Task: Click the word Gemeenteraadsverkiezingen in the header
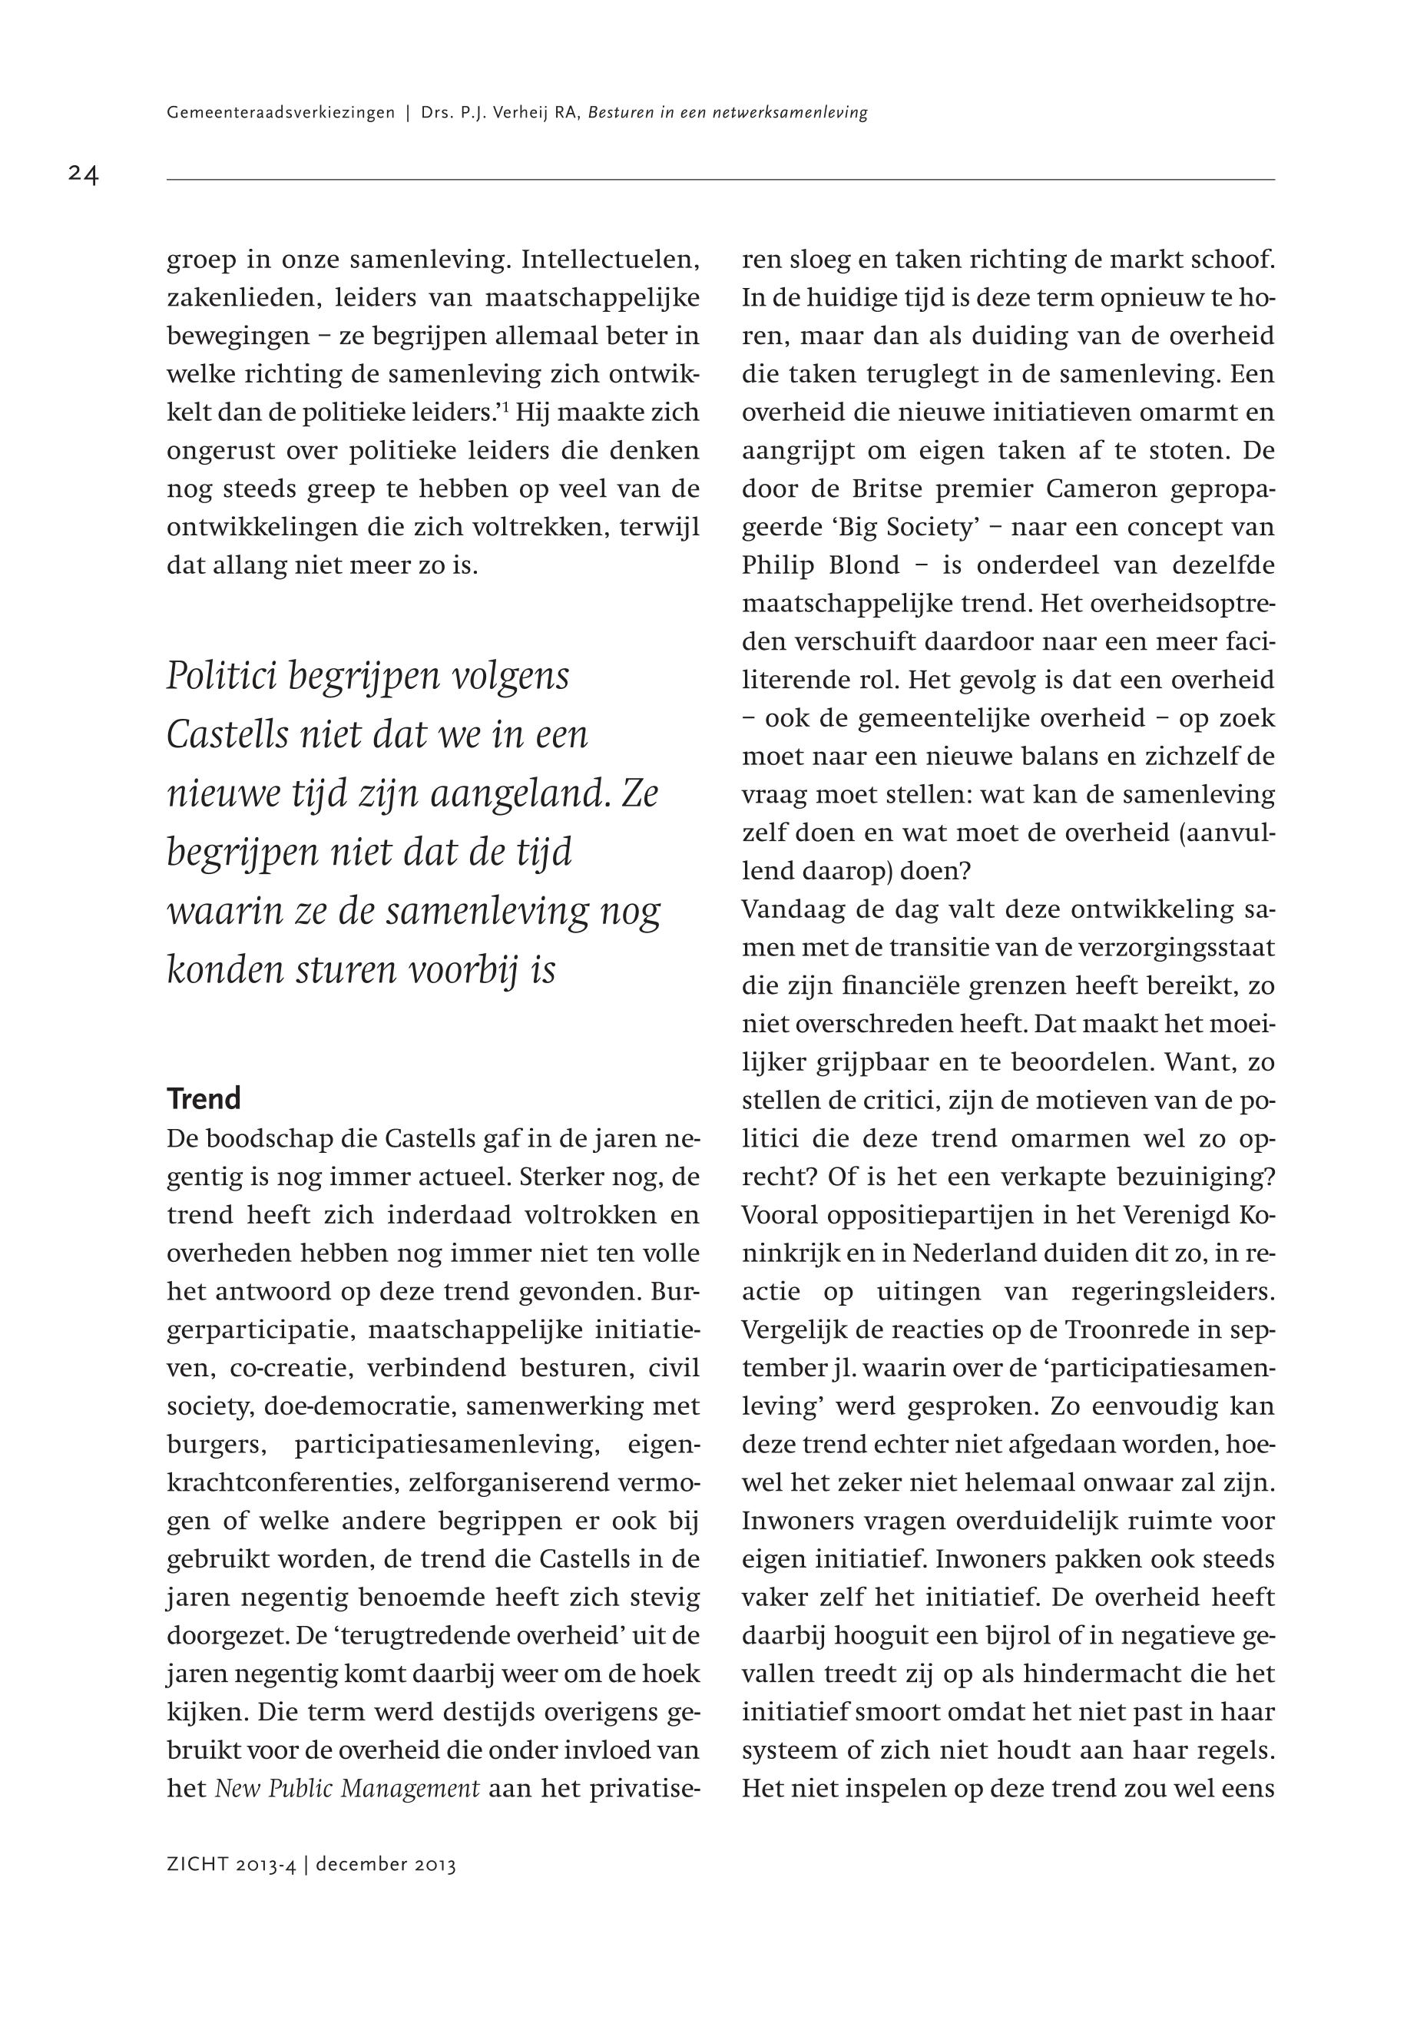click(x=280, y=114)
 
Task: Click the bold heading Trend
click(x=204, y=1099)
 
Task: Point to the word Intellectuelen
click(x=611, y=260)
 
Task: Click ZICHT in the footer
click(x=197, y=1865)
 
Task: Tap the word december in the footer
click(x=359, y=1865)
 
